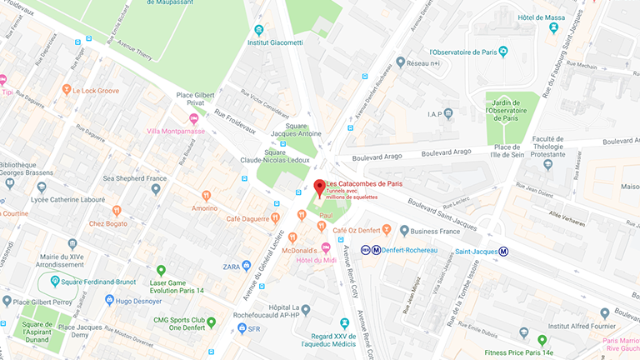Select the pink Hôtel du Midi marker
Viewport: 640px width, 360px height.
point(326,247)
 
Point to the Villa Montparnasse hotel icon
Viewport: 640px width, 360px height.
point(194,118)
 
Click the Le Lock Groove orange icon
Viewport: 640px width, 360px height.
point(65,91)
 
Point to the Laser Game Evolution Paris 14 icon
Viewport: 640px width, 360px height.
point(162,270)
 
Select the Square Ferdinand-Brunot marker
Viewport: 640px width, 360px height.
point(55,281)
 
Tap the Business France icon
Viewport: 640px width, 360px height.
point(404,231)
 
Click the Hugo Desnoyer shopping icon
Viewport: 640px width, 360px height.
point(109,299)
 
